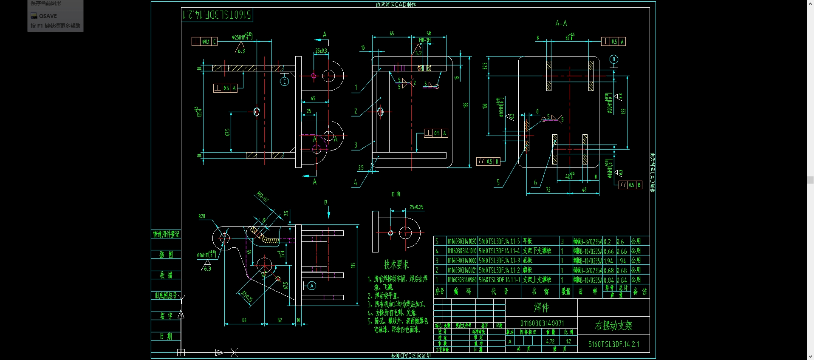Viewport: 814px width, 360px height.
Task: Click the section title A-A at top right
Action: pyautogui.click(x=561, y=23)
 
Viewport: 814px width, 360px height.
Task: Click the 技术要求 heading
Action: pyautogui.click(x=396, y=265)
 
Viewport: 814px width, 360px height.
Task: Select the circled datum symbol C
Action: pyautogui.click(x=285, y=82)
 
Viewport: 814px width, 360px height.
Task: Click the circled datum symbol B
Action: pyautogui.click(x=613, y=60)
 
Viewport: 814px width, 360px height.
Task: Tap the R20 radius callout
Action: pyautogui.click(x=202, y=216)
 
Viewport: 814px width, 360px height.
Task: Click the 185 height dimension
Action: pyautogui.click(x=466, y=105)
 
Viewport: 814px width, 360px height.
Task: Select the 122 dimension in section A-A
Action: pyautogui.click(x=624, y=111)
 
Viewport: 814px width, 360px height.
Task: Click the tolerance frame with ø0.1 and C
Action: pyautogui.click(x=204, y=41)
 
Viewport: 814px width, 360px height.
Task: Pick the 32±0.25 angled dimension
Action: pyautogui.click(x=247, y=296)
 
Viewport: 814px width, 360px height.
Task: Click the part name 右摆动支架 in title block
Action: pyautogui.click(x=613, y=326)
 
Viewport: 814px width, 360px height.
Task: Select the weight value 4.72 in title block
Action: pyautogui.click(x=550, y=341)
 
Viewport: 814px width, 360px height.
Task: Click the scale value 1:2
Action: pyautogui.click(x=568, y=341)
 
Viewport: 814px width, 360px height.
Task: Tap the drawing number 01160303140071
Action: pyautogui.click(x=542, y=323)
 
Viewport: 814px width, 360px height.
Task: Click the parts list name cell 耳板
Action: pyautogui.click(x=528, y=241)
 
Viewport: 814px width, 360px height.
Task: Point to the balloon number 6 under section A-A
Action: pyautogui.click(x=535, y=183)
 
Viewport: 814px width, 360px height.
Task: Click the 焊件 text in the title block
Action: pyautogui.click(x=541, y=307)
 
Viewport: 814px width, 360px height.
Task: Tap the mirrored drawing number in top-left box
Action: pyautogui.click(x=217, y=15)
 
